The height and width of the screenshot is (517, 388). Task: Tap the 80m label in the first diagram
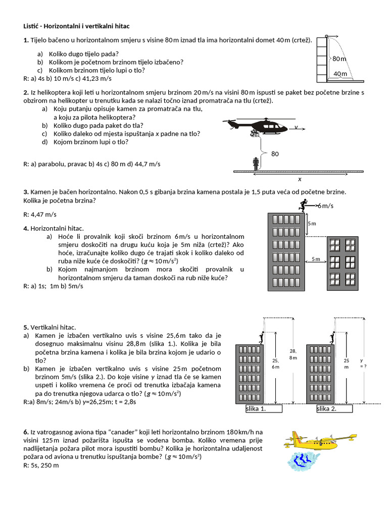pos(340,59)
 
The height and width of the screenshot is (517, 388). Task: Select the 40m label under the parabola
pos(341,74)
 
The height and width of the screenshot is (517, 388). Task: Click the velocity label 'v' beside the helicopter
pos(296,127)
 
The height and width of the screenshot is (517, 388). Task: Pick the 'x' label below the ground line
pos(299,179)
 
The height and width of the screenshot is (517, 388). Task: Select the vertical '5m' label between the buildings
pos(312,223)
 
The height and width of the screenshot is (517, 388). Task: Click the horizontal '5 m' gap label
pos(316,259)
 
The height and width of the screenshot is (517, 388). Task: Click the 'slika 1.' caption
pos(256,409)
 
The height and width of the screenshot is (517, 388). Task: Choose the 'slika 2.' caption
pos(326,409)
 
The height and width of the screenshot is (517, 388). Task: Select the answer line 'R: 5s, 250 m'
pos(41,465)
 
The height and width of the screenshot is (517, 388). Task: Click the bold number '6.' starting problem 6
pos(26,432)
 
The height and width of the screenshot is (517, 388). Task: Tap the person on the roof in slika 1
pos(261,337)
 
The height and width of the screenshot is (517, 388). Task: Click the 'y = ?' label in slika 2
pos(362,364)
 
